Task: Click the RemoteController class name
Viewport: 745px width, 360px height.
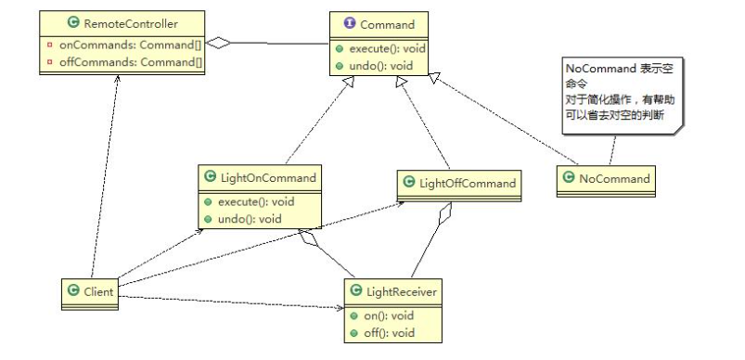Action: [x=131, y=23]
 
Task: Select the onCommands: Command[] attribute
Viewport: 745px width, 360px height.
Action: [x=131, y=45]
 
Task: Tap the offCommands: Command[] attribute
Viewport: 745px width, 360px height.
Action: [x=131, y=62]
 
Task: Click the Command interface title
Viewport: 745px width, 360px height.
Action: [x=387, y=25]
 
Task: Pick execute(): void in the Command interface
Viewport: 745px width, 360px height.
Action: [x=387, y=48]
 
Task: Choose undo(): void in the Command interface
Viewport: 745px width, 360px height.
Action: [x=381, y=66]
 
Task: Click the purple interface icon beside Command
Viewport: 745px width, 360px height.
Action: [x=350, y=24]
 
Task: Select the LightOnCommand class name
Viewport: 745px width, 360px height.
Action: [x=268, y=177]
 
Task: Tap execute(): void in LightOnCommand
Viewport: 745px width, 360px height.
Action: [x=256, y=202]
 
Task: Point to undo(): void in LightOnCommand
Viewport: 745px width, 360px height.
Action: [x=250, y=219]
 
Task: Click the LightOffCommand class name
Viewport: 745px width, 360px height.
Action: [x=468, y=184]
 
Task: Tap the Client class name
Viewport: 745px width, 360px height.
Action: [x=98, y=291]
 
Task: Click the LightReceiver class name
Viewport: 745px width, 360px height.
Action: [x=402, y=291]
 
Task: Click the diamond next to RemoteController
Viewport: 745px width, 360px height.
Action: [x=217, y=44]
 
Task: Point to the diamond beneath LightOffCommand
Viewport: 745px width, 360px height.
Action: [x=445, y=213]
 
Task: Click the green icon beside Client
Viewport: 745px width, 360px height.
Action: [x=73, y=290]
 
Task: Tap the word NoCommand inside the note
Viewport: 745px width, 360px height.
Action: [x=600, y=69]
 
